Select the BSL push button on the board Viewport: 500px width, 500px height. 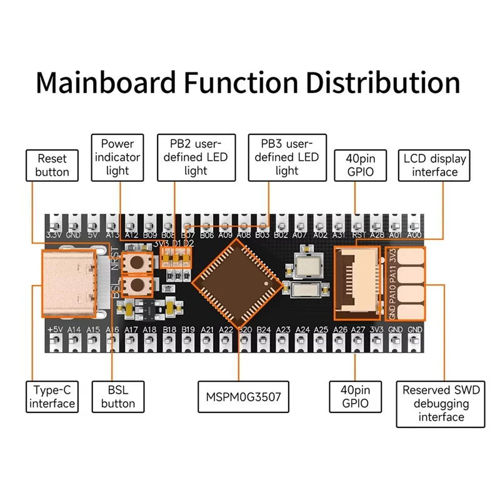(x=139, y=287)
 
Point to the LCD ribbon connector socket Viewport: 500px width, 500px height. (x=358, y=278)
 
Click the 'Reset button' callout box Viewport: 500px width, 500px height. (x=52, y=165)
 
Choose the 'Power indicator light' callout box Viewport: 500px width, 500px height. (x=117, y=157)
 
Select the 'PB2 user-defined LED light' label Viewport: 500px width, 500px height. (x=196, y=157)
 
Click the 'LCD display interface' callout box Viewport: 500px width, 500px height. (x=435, y=165)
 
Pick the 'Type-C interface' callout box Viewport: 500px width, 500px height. (x=52, y=396)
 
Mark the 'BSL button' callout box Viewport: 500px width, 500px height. (x=117, y=396)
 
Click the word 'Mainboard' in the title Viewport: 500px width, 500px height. (x=117, y=82)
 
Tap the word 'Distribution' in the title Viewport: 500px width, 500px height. (x=383, y=82)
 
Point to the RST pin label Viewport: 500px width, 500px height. (x=359, y=235)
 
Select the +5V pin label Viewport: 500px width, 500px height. (x=55, y=329)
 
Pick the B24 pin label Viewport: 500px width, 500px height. (x=264, y=329)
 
